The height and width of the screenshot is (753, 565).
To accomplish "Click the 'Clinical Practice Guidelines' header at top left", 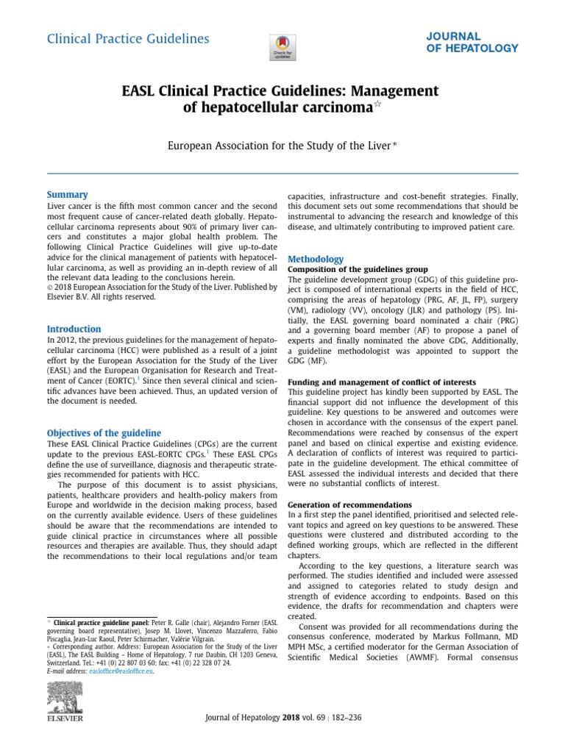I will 128,39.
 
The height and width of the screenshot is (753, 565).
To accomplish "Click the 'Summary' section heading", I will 67,195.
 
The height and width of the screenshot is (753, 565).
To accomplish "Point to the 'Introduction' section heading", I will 74,329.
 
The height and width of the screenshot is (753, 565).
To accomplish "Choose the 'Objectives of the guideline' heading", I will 104,433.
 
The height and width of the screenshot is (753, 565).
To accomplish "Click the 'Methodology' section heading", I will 315,259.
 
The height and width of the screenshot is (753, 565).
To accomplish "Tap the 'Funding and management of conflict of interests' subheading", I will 381,382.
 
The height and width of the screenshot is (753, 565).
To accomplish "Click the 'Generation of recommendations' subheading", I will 349,505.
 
